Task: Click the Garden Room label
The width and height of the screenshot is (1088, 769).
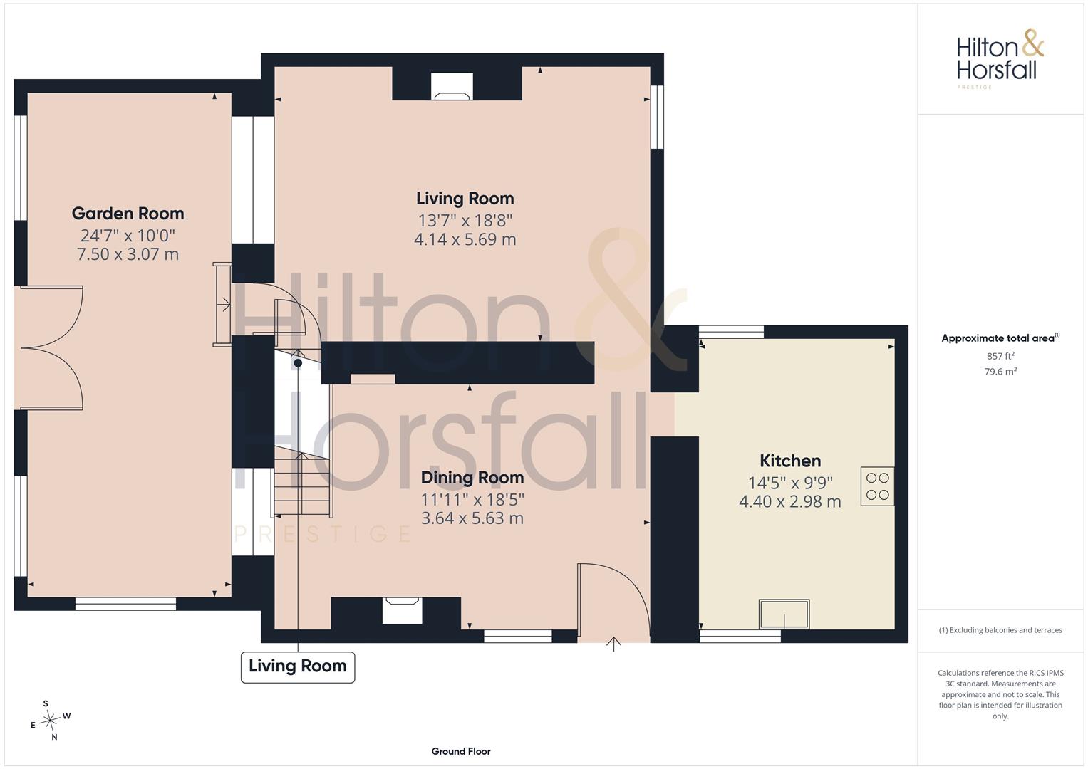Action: point(128,214)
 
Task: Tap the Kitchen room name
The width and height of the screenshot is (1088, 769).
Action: point(790,461)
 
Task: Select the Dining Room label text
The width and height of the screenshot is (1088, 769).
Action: point(472,478)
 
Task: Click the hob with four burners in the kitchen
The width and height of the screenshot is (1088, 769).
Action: point(877,486)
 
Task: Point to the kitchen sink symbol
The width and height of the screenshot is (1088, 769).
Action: point(784,614)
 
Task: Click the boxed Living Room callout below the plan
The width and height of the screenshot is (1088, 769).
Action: point(298,667)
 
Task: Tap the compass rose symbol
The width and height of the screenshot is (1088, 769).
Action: point(50,721)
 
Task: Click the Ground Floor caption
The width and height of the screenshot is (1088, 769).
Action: point(461,751)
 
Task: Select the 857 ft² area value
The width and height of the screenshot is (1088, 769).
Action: point(1000,356)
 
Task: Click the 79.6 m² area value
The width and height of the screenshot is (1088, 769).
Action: point(1000,372)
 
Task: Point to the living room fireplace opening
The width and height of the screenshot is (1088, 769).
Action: point(452,86)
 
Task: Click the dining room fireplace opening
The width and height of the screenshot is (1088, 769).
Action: point(402,610)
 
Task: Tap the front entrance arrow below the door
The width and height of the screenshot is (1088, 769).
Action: point(613,644)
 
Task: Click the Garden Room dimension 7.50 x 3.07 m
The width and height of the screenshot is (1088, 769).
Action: point(128,254)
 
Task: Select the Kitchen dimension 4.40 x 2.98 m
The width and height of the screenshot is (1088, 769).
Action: point(790,501)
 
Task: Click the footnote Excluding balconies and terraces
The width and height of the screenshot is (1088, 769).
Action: point(1000,630)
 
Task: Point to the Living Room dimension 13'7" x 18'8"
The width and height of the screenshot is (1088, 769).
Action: point(465,221)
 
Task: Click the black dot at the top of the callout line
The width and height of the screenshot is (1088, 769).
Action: point(298,362)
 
